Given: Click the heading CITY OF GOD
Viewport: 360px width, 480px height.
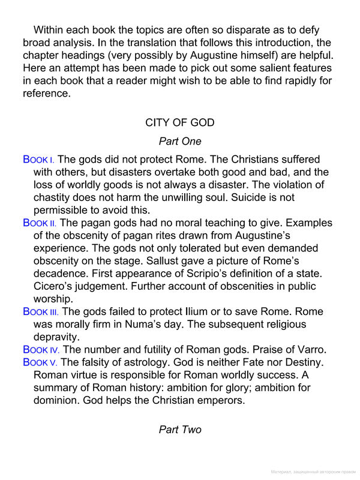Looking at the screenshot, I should [x=180, y=122].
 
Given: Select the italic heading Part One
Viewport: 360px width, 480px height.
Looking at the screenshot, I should [x=180, y=142].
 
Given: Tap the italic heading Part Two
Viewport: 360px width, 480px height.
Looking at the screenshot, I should [x=180, y=430].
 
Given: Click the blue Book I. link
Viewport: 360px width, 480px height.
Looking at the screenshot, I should [x=38, y=160].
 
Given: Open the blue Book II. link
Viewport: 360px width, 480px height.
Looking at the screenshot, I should [x=40, y=223].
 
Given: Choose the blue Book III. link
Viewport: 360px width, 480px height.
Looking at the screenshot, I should [x=41, y=312].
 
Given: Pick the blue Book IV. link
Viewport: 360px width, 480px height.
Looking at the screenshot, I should [x=41, y=350].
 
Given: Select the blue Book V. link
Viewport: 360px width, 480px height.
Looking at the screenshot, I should [x=40, y=362].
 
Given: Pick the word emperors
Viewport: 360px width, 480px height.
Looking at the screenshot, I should [x=220, y=400].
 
